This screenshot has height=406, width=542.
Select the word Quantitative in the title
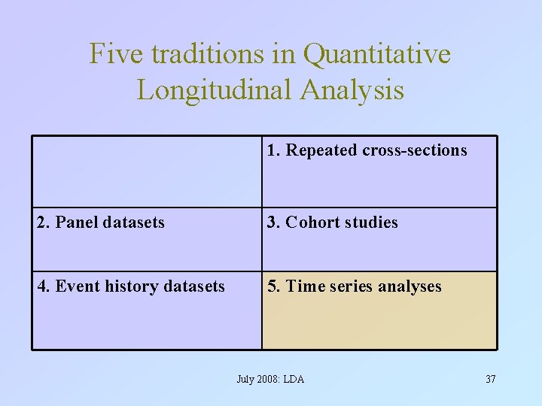[377, 54]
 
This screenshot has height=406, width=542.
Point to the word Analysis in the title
[352, 90]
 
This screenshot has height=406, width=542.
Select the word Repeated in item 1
[321, 150]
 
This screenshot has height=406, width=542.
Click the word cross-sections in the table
[415, 150]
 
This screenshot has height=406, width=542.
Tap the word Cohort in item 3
[313, 223]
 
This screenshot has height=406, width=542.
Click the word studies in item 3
[371, 223]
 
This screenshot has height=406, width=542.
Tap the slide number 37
[490, 379]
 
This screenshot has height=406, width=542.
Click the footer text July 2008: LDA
[270, 379]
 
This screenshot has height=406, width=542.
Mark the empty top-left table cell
[147, 171]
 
